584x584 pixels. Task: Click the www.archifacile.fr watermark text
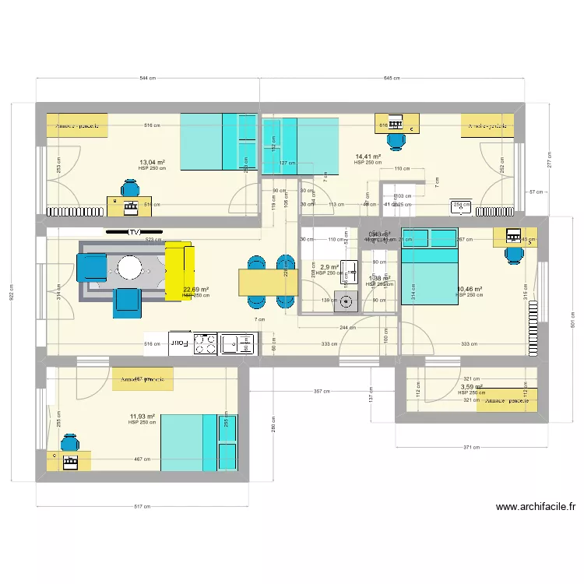[x=536, y=507]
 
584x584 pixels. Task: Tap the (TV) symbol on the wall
[x=135, y=232]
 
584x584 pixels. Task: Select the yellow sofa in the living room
[x=178, y=269]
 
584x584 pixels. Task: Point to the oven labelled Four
[x=178, y=342]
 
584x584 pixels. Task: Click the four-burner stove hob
[x=205, y=343]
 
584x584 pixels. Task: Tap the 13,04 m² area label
[x=152, y=163]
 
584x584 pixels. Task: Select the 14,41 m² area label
[x=368, y=157]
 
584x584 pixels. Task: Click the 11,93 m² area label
[x=142, y=417]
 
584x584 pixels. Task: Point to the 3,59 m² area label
[x=471, y=386]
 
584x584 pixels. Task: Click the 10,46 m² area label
[x=469, y=289]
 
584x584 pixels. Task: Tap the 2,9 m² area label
[x=329, y=267]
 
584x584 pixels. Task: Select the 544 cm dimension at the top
[x=148, y=79]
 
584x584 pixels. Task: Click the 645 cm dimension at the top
[x=392, y=79]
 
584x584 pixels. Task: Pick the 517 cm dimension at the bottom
[x=142, y=507]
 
